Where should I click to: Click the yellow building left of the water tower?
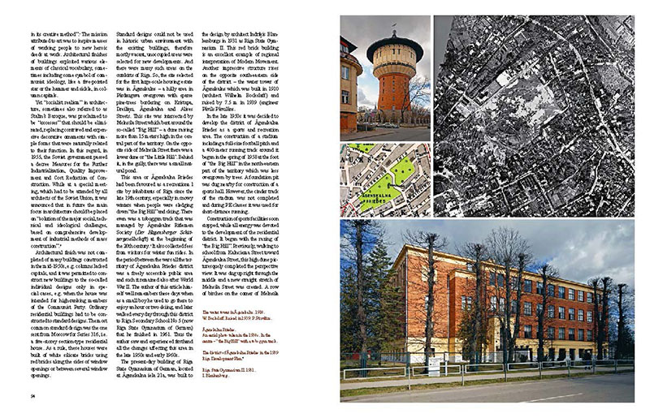(349, 93)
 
